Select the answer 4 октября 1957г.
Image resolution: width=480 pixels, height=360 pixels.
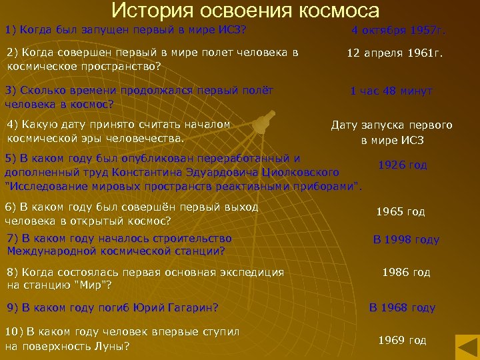click(x=399, y=31)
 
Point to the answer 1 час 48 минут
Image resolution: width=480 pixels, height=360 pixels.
click(x=391, y=91)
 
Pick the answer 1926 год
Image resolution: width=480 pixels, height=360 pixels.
click(x=403, y=165)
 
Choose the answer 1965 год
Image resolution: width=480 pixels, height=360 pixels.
click(x=401, y=212)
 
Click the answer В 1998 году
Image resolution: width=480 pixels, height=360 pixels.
click(x=406, y=240)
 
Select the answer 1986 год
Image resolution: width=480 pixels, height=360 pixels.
click(x=406, y=272)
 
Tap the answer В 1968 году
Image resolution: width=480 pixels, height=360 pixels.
click(x=403, y=307)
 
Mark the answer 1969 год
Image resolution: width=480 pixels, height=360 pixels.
click(x=402, y=340)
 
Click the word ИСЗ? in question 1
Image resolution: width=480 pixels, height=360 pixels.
click(x=233, y=30)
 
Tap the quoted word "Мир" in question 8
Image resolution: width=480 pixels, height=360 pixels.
click(x=95, y=285)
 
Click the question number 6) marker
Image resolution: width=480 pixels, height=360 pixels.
click(x=11, y=207)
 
